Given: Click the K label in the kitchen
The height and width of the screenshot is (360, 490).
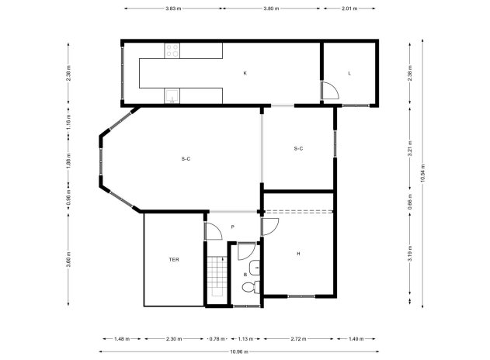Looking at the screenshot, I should tap(245, 74).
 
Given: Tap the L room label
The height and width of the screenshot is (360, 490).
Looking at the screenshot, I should tap(349, 74).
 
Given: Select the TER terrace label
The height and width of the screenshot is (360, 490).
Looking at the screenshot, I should tap(175, 260).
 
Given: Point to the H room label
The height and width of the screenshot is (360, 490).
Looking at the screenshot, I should tap(298, 254).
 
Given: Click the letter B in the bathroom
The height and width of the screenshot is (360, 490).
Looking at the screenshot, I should tap(245, 274).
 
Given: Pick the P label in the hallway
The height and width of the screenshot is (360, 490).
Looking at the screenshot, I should tap(232, 227).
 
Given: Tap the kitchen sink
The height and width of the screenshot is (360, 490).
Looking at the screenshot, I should tap(172, 95).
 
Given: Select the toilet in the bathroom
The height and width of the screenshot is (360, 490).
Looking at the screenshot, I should tap(248, 289).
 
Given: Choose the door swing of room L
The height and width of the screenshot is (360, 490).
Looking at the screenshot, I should tap(329, 91).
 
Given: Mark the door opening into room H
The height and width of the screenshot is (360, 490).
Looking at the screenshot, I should tap(269, 227).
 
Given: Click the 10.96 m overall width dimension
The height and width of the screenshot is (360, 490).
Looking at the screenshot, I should tap(240, 352).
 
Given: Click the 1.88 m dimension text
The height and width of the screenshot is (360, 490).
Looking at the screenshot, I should tap(69, 163).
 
